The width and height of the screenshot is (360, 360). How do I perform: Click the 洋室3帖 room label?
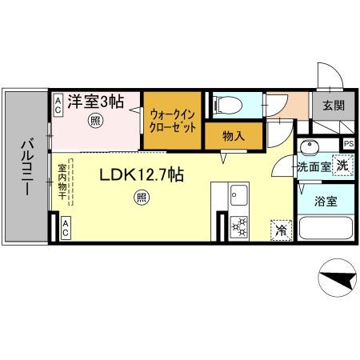94,102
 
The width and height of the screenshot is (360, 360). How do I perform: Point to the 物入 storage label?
232,136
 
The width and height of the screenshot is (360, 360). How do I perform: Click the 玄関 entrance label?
334,105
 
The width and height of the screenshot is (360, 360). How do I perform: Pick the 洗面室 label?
312,167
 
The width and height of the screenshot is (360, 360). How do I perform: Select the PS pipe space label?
348,144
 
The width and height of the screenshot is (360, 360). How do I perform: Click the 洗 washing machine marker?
342,166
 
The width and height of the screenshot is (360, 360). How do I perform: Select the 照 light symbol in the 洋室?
94,122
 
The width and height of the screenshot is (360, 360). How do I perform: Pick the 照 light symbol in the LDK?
142,196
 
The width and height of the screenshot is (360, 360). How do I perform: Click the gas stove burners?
238,227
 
